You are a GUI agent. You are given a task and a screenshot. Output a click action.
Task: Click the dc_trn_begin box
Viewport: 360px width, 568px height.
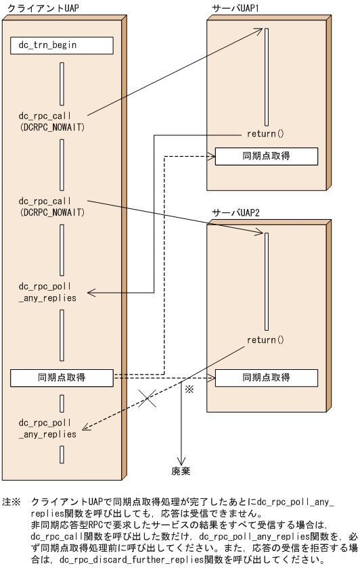click(x=62, y=45)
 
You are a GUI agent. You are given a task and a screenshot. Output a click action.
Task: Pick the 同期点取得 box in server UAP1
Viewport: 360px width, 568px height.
click(x=266, y=156)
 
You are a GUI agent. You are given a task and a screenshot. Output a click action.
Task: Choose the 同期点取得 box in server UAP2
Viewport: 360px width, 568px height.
click(x=266, y=377)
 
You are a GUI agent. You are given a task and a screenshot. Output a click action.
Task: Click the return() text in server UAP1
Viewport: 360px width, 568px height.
click(x=266, y=134)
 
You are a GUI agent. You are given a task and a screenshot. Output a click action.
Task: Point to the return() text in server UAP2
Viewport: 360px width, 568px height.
click(x=266, y=339)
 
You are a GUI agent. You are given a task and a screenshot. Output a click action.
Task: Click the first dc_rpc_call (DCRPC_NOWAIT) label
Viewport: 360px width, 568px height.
click(x=52, y=121)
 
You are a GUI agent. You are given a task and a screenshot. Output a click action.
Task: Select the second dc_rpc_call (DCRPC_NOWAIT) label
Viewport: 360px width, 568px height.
click(x=52, y=206)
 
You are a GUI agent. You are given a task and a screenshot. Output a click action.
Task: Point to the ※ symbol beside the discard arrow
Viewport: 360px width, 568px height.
click(x=189, y=390)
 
